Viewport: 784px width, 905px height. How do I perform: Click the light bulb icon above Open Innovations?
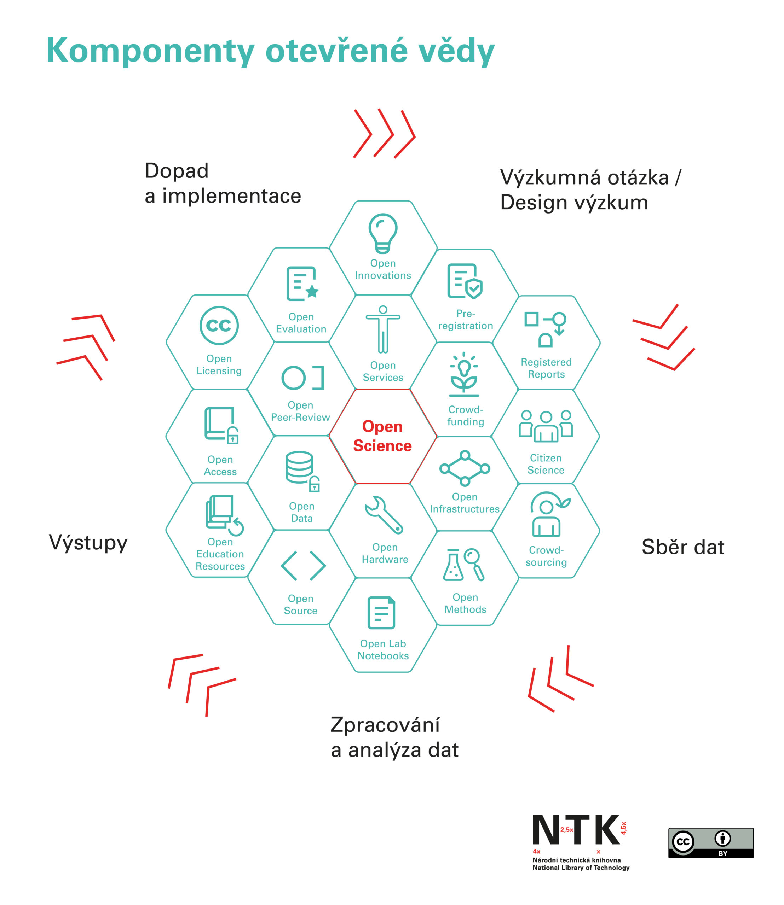pos(383,233)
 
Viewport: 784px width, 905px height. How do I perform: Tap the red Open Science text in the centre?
pos(382,436)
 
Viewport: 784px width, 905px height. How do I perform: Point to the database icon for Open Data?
pos(301,469)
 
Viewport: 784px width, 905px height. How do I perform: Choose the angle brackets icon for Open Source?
pos(303,565)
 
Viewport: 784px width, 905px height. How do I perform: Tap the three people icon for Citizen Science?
pos(546,426)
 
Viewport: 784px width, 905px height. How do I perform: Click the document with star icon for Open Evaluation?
pos(301,284)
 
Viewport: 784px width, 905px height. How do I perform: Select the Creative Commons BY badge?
pos(710,842)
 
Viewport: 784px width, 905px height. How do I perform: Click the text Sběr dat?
pos(682,547)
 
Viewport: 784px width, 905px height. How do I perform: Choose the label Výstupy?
pos(88,543)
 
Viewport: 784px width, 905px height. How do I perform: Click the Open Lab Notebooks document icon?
pos(381,613)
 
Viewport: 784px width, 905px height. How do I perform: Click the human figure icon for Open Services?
pos(383,329)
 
